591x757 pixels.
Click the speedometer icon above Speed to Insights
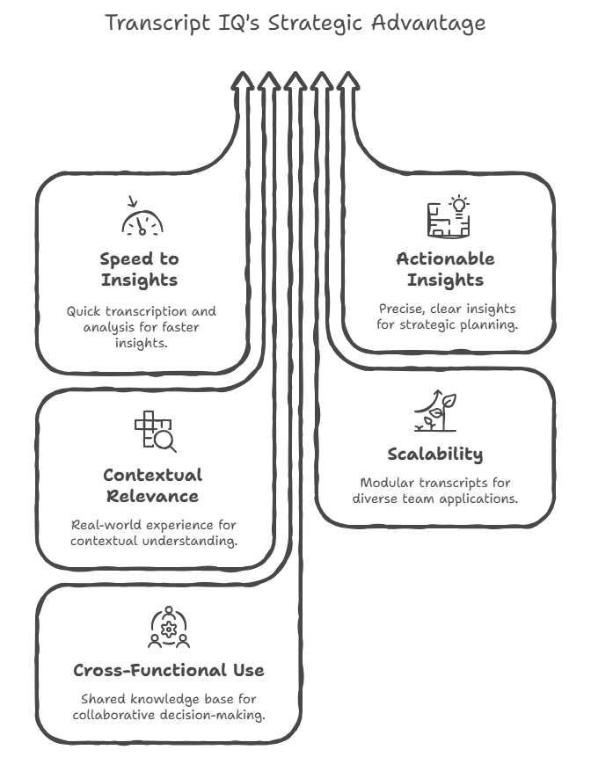143,220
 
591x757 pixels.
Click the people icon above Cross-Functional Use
168,627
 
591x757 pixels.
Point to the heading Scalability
435,455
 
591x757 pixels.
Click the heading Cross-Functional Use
168,671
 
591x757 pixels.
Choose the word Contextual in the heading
152,476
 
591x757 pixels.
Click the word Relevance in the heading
152,497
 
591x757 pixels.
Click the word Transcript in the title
157,23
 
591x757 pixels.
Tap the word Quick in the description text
84,311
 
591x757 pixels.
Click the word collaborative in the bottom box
119,716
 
